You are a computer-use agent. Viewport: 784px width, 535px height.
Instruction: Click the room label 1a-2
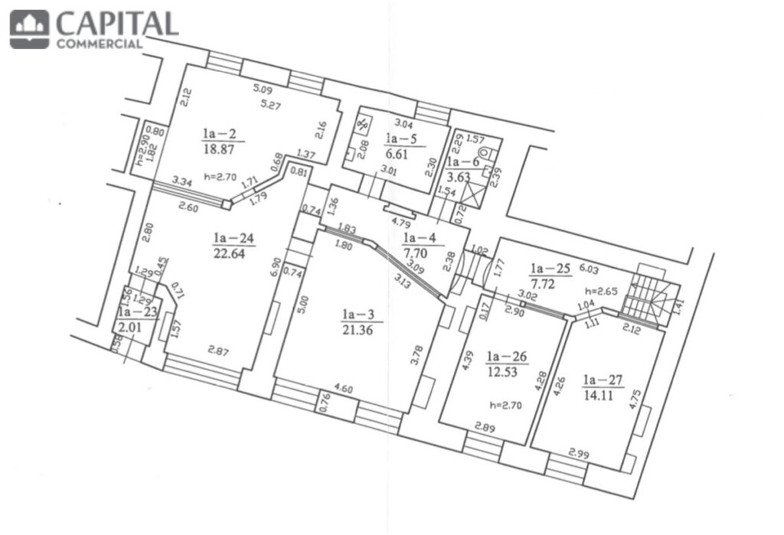coord(219,133)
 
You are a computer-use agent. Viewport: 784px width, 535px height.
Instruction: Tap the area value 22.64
coord(229,253)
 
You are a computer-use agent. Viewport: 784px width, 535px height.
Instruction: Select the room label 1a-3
coord(358,315)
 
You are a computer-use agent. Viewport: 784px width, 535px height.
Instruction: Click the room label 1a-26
coord(507,357)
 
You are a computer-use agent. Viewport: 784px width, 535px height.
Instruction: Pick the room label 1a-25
coord(550,269)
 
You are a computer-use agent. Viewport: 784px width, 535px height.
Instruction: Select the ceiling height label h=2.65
coord(602,292)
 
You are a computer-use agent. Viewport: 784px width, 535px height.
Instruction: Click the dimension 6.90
coord(275,268)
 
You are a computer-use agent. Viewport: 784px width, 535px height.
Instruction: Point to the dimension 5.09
coord(263,90)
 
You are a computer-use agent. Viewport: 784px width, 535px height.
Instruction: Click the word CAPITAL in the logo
coord(117,23)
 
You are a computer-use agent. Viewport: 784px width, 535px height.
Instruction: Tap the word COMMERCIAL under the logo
coord(100,44)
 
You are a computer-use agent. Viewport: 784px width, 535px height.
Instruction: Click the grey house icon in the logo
coord(30,30)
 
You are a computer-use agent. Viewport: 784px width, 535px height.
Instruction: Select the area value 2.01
coord(130,328)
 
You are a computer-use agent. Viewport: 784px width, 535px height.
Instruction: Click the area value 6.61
coord(397,154)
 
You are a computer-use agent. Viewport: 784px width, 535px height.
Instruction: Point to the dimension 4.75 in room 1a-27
coord(635,400)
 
